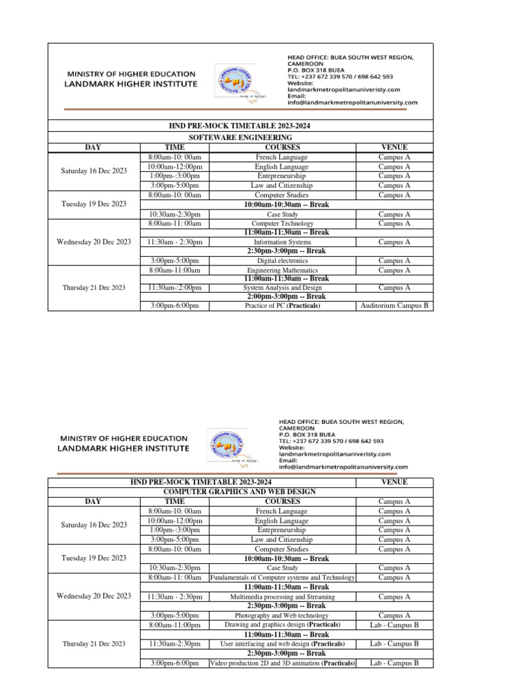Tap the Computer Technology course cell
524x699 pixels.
tap(282, 223)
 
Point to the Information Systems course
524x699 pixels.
tap(282, 242)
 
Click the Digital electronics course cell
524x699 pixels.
tap(282, 260)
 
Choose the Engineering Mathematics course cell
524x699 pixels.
tap(282, 270)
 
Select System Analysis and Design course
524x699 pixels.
tap(282, 287)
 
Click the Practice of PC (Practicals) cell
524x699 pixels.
tap(282, 306)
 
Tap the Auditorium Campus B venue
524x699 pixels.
tap(394, 306)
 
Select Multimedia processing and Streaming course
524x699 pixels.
tap(282, 596)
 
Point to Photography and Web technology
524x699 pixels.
tap(282, 615)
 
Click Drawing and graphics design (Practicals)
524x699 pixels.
tap(282, 625)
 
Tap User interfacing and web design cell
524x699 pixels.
tap(282, 644)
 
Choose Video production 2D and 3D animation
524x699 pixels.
tap(282, 663)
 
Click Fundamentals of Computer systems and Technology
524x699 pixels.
tap(282, 577)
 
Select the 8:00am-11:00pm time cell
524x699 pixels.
tap(174, 625)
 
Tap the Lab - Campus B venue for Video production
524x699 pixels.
tap(394, 663)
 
